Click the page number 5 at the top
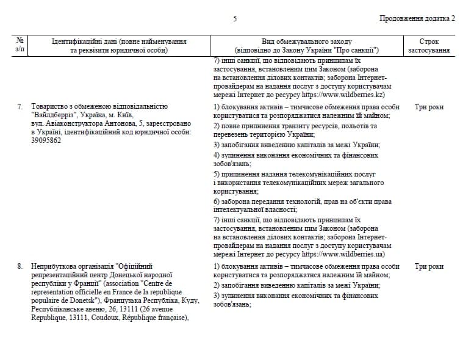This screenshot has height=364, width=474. coord(235,18)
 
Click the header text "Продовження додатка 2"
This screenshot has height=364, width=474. coord(417,18)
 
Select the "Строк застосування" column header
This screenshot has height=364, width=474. coord(429,46)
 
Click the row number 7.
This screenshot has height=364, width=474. coord(20,107)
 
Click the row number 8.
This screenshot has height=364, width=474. coord(20,266)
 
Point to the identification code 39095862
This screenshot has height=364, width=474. coord(48,140)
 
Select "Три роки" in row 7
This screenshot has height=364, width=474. coord(429,107)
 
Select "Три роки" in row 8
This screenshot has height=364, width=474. coord(429,266)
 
